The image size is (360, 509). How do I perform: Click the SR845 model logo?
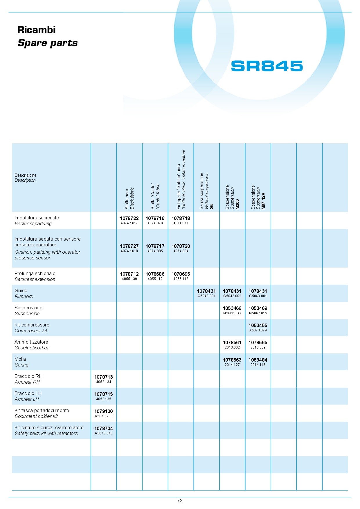[x=267, y=66]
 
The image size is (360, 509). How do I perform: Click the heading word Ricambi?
[x=36, y=30]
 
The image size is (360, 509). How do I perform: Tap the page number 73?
[x=180, y=501]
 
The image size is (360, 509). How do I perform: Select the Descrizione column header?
[x=26, y=178]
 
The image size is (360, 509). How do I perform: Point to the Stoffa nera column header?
[x=129, y=198]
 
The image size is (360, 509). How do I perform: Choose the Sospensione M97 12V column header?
[x=258, y=197]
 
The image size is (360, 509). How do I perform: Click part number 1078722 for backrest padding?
[x=129, y=218]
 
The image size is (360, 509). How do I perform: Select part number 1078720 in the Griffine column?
[x=181, y=246]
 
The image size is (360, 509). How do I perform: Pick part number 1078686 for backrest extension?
[x=155, y=274]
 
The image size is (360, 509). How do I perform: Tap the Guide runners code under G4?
[x=206, y=291]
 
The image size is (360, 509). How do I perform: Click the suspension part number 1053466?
[x=232, y=308]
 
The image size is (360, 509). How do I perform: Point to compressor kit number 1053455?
[x=258, y=325]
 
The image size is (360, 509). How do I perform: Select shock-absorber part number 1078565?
[x=258, y=342]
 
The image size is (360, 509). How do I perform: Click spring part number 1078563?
[x=232, y=360]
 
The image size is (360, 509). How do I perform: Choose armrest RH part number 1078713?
[x=103, y=377]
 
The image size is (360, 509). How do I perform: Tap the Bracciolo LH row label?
[x=28, y=396]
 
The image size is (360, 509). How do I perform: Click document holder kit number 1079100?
[x=103, y=411]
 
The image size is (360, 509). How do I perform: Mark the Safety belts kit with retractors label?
[x=46, y=433]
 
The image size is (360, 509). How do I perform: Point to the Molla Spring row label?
[x=21, y=362]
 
